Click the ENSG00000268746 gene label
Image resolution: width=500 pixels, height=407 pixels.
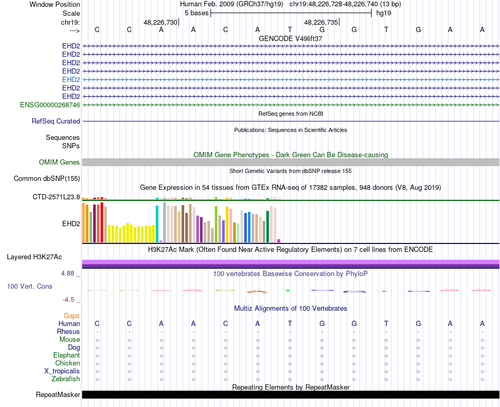[x=50, y=105]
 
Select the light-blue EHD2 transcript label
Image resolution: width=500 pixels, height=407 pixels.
[x=71, y=79]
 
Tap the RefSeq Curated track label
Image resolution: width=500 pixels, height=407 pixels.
[x=56, y=121]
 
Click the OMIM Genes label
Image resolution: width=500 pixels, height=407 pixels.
[x=59, y=162]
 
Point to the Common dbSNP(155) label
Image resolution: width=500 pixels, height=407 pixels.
[x=47, y=179]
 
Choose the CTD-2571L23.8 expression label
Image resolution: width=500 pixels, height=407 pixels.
[x=56, y=197]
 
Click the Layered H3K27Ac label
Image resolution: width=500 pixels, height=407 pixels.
[x=34, y=257]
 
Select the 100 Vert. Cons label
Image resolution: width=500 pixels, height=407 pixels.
[x=29, y=286]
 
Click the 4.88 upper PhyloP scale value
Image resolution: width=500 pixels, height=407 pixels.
[x=67, y=273]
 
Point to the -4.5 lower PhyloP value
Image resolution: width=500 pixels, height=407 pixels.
[x=68, y=300]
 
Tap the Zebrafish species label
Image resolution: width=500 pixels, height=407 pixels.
[x=66, y=379]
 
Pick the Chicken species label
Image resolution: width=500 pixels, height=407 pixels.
[x=67, y=363]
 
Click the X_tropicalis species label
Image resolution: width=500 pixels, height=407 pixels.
[x=62, y=371]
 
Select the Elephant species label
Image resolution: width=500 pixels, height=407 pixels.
[x=67, y=355]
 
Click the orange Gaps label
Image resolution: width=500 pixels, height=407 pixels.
[x=72, y=316]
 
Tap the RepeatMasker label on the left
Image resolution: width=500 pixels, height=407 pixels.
[x=58, y=394]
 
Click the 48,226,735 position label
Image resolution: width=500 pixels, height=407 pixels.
[x=321, y=22]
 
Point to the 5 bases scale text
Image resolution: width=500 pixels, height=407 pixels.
[x=197, y=13]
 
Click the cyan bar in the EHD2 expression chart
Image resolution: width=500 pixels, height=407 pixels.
[x=157, y=224]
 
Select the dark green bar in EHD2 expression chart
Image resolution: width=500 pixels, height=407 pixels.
[x=268, y=227]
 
